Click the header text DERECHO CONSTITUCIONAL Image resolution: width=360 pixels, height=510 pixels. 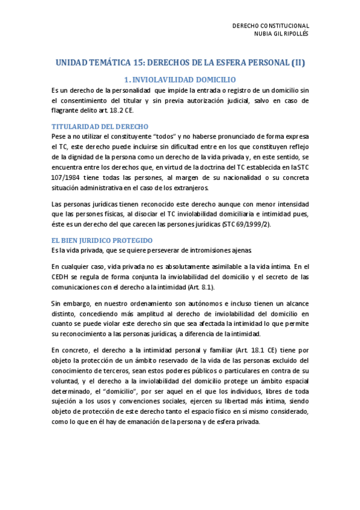point(270,25)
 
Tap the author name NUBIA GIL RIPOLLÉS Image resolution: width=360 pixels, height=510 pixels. point(278,34)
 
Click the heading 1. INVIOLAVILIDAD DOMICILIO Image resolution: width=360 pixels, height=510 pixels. point(180,79)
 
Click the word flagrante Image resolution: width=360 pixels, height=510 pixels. point(67,111)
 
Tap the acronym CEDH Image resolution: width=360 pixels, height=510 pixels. point(63,277)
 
